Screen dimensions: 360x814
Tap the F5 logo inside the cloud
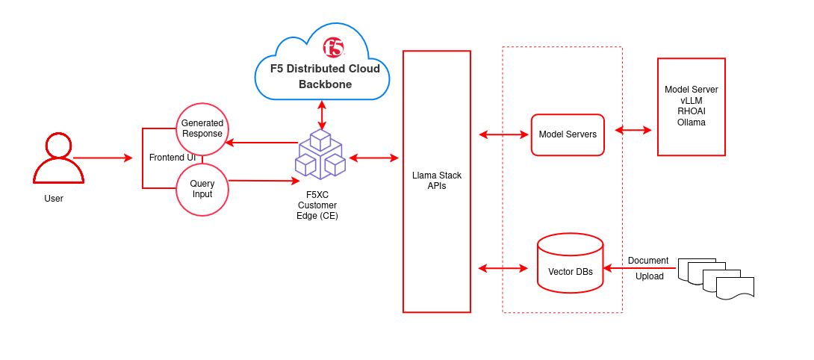pos(333,48)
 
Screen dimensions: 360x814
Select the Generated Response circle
pos(202,128)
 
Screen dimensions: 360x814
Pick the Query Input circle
pos(202,190)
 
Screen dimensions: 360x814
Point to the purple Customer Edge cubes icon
pos(321,155)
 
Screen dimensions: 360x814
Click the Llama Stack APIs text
pos(437,181)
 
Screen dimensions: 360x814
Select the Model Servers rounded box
pos(568,134)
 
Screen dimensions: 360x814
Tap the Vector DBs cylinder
pos(570,265)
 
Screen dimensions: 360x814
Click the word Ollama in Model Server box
pos(691,122)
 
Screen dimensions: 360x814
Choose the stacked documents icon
pos(716,279)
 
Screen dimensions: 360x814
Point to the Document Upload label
pos(648,268)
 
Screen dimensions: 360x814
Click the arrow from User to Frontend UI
pos(102,158)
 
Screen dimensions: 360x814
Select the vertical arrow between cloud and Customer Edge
pos(322,115)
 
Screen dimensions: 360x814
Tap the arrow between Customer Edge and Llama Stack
pos(373,158)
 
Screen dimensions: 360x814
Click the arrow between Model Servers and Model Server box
pos(633,130)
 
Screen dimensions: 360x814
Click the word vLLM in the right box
pos(691,100)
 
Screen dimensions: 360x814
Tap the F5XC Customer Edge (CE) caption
pos(317,205)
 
